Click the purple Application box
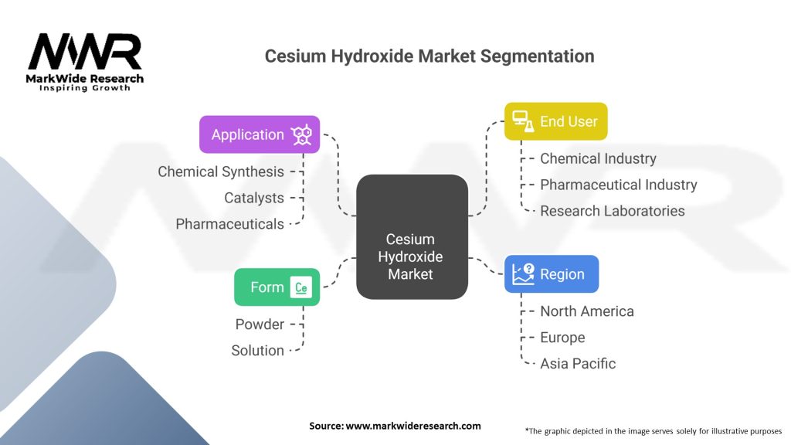coord(259,134)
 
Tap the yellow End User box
coord(555,121)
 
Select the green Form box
coord(277,287)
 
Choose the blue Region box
coord(551,274)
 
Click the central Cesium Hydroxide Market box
coord(412,237)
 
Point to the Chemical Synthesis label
coord(221,172)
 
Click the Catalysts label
coord(254,198)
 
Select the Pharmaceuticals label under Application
coord(229,224)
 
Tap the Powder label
coord(260,324)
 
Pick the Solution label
coord(257,351)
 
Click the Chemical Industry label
coord(598,158)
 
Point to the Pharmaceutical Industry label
coord(618,185)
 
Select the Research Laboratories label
coord(612,211)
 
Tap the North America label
coord(586,311)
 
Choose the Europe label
coord(562,338)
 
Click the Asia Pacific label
coord(578,364)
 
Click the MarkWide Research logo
coord(85,62)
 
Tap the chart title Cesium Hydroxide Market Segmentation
coord(429,56)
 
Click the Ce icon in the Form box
coord(301,288)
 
